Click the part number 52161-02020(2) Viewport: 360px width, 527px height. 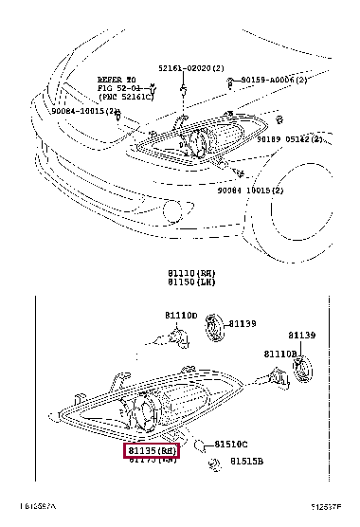[190, 70]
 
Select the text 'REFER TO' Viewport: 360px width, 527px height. [117, 80]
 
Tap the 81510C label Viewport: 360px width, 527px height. [230, 444]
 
